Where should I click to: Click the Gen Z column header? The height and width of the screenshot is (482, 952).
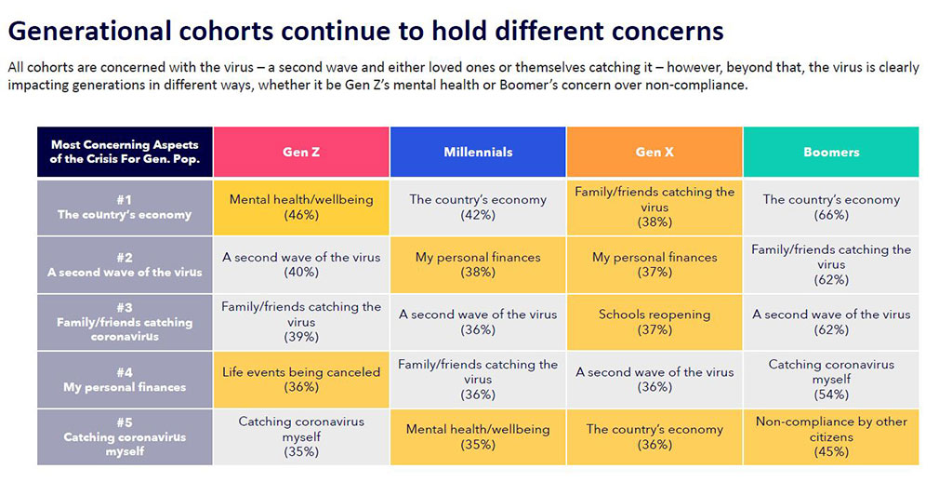click(301, 152)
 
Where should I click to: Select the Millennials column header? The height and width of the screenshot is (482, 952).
click(478, 152)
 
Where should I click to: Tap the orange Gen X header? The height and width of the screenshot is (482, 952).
click(654, 152)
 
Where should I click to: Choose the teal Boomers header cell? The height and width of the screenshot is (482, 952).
click(831, 152)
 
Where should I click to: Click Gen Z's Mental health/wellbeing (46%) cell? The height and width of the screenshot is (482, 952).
click(301, 207)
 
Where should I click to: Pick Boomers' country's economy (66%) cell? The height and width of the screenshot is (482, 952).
click(831, 207)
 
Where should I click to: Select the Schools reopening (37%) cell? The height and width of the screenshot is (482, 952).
click(654, 322)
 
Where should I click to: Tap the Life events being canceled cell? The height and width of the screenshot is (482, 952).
click(301, 380)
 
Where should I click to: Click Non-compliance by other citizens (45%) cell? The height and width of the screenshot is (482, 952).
click(831, 436)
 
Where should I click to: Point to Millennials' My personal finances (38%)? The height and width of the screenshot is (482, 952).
click(478, 264)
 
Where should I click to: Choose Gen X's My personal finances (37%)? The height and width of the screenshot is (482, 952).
click(654, 264)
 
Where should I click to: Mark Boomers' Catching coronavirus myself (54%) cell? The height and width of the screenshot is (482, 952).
click(831, 380)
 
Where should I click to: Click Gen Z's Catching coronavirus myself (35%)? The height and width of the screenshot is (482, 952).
click(301, 436)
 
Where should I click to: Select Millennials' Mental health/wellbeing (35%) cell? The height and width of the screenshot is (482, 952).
click(478, 436)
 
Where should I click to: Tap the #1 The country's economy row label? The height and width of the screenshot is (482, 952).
click(125, 207)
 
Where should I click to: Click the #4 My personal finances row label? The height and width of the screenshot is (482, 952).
click(125, 380)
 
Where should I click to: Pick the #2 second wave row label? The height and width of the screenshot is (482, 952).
click(125, 264)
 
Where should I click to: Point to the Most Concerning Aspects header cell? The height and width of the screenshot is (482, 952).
click(125, 152)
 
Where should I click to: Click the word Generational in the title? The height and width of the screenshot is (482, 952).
click(88, 31)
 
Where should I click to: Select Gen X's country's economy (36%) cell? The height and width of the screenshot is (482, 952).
click(654, 436)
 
